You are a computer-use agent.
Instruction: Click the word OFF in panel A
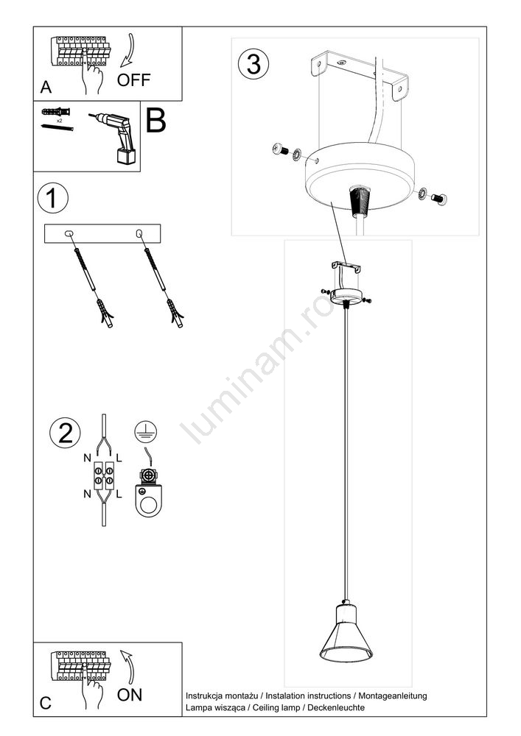133,79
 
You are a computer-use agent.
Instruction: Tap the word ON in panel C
129,695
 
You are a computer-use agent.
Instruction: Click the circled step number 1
52,197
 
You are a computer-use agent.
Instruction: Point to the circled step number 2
65,434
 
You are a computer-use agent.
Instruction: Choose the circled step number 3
253,64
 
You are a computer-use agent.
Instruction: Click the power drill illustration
115,138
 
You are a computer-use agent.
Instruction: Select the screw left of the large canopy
282,150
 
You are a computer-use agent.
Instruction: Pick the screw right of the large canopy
438,199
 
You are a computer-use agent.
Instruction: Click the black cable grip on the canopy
360,201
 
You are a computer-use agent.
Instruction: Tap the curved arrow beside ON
127,667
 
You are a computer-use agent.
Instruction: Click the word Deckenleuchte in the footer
335,707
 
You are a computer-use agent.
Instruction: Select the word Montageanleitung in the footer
393,696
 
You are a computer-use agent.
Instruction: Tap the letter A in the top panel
46,87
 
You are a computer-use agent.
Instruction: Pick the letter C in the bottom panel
46,703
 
